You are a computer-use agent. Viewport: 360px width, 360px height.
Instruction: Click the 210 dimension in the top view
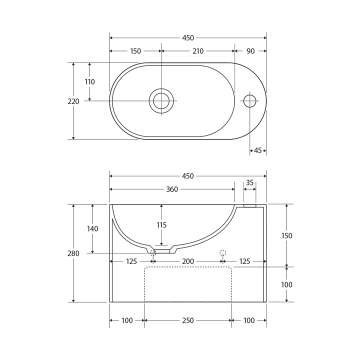198,51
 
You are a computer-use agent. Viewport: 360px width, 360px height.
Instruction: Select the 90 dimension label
250,51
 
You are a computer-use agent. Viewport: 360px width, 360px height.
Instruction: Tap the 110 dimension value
89,82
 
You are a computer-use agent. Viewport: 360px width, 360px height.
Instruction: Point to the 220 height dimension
73,101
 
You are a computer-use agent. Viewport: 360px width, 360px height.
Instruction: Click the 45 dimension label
258,150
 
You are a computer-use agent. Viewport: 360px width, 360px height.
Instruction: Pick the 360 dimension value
172,189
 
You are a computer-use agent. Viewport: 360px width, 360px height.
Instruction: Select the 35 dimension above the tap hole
250,182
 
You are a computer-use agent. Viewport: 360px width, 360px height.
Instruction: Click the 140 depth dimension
92,228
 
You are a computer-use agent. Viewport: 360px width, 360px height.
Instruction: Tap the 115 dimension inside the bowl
161,225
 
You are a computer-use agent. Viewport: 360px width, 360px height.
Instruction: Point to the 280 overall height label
73,253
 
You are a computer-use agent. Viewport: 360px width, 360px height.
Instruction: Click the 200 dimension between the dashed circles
188,261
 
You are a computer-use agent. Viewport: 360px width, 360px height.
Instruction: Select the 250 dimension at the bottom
188,320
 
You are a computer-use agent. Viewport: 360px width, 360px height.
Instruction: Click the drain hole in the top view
161,101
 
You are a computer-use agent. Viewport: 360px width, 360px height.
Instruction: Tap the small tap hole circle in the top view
250,101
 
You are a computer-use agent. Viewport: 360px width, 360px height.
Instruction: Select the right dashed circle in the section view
223,253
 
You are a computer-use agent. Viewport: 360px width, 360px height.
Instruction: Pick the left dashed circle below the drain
153,253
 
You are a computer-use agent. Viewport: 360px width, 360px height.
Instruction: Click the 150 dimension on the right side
286,235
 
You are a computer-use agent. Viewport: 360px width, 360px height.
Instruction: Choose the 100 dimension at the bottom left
127,320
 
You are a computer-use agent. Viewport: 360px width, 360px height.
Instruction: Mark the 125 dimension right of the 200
244,261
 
